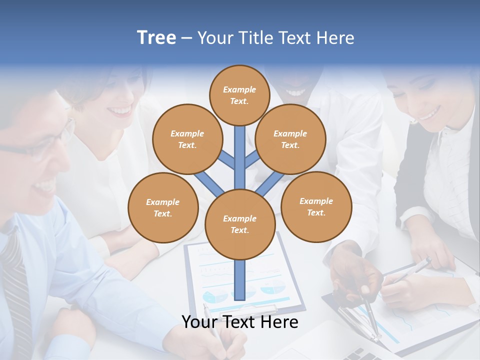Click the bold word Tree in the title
[x=156, y=38]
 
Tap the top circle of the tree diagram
[x=239, y=95]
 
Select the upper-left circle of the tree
[x=187, y=139]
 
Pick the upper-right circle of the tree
[x=290, y=139]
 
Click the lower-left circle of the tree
[x=163, y=207]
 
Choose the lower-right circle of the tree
[x=316, y=206]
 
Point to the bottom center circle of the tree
[x=239, y=224]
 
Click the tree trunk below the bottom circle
[x=240, y=280]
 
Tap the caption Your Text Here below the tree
[x=239, y=322]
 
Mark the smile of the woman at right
[x=429, y=115]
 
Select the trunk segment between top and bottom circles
[x=240, y=157]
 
